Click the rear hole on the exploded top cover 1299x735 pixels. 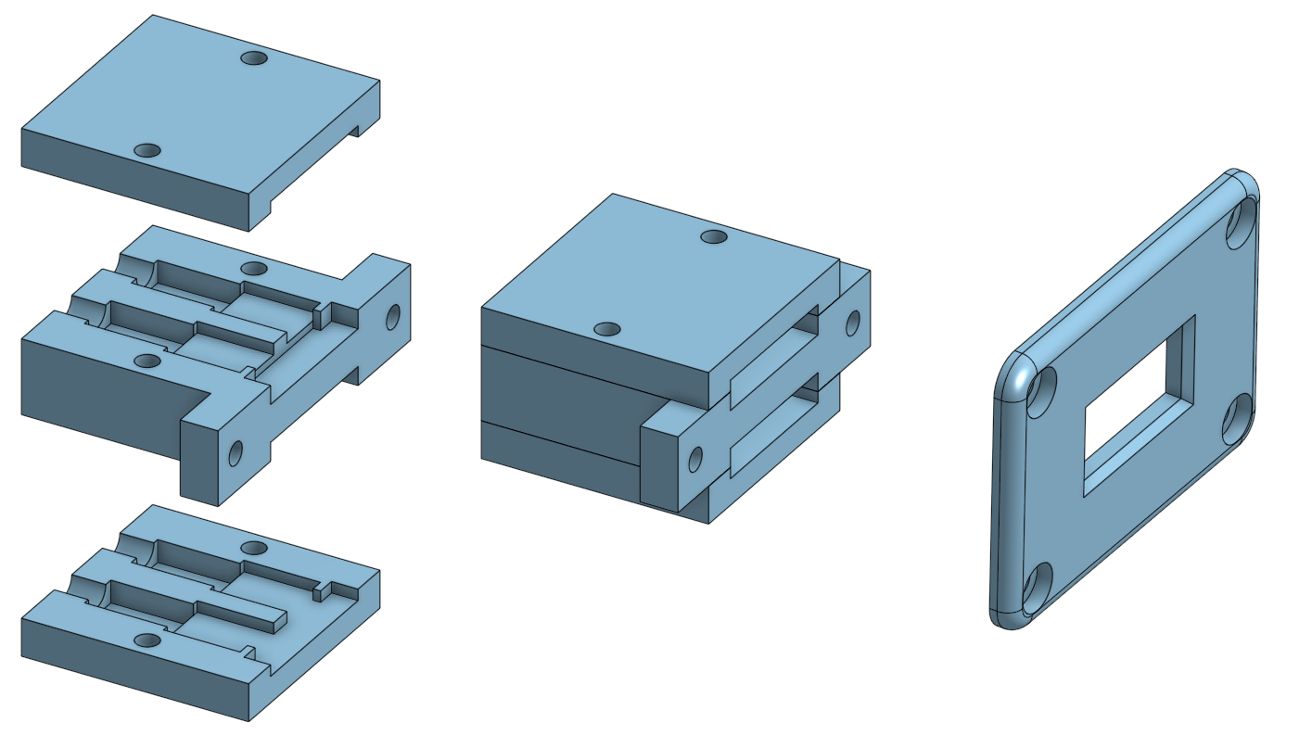point(254,58)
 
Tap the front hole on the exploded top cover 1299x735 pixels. point(147,150)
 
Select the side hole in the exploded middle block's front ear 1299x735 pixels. point(236,453)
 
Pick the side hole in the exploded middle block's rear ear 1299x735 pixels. point(393,316)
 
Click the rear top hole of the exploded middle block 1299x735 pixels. point(254,269)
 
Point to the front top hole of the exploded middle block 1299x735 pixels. point(147,360)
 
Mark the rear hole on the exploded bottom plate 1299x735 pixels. point(254,548)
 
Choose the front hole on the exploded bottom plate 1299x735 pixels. point(147,640)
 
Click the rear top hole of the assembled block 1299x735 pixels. point(713,237)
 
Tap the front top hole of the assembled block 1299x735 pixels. point(607,329)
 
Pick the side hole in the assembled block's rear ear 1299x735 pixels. point(852,323)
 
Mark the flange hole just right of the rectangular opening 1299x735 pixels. point(1237,419)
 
